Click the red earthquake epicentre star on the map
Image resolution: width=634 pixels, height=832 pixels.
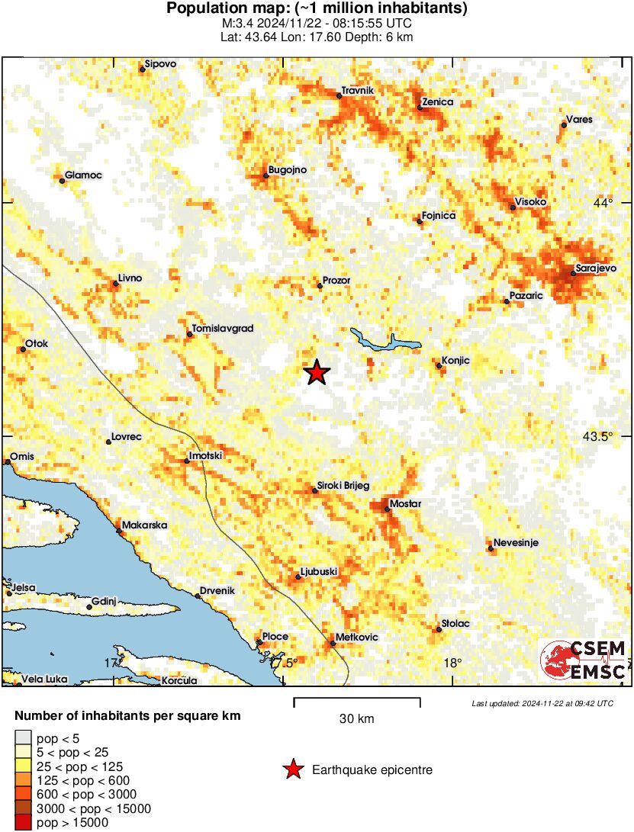click(317, 372)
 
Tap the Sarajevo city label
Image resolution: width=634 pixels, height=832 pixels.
click(596, 269)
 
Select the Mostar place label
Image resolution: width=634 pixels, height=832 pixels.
click(405, 504)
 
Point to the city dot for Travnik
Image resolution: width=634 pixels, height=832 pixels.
click(339, 96)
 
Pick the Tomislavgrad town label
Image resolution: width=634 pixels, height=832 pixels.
click(222, 329)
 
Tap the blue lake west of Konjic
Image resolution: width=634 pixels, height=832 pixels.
click(385, 341)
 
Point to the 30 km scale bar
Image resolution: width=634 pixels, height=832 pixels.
click(357, 699)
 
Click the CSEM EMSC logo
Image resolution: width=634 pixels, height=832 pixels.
click(584, 660)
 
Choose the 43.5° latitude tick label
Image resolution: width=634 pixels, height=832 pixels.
click(597, 437)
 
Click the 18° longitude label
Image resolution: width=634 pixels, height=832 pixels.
click(452, 662)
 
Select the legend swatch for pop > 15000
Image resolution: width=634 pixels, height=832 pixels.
click(24, 823)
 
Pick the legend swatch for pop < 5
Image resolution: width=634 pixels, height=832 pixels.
click(24, 738)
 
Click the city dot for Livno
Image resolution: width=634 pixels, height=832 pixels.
click(116, 284)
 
